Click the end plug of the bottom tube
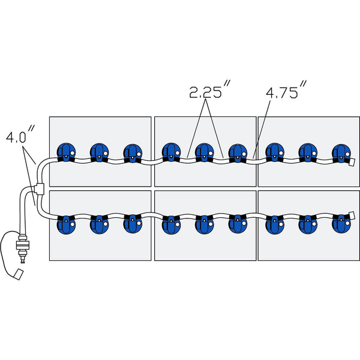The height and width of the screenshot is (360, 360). coord(352,214)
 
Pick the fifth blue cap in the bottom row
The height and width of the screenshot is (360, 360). coord(205,224)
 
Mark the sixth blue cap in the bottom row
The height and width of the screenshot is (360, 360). coord(238,224)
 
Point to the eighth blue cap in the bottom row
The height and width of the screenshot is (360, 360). coord(308,224)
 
